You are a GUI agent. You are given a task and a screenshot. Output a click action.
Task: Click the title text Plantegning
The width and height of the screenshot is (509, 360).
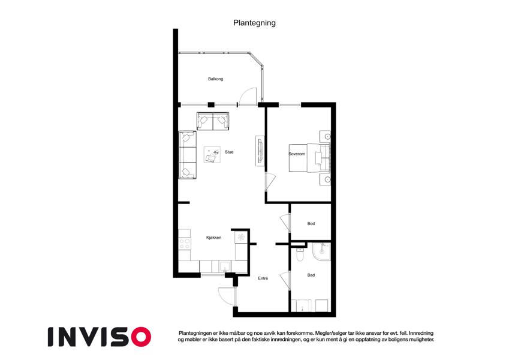[254, 23]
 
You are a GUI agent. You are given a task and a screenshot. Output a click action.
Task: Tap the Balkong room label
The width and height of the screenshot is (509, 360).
[216, 79]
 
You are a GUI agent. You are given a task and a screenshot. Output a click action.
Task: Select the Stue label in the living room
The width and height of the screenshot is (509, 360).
[229, 152]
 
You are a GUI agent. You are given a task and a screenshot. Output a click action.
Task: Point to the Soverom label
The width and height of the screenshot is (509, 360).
[297, 154]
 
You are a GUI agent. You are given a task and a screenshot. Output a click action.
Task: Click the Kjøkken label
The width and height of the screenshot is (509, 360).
[214, 238]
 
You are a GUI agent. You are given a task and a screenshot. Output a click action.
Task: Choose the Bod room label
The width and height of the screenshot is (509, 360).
[311, 224]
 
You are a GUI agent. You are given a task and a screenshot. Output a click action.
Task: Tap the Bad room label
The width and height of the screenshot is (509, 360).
[311, 275]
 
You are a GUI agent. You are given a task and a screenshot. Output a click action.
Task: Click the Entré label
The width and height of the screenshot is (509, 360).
[263, 278]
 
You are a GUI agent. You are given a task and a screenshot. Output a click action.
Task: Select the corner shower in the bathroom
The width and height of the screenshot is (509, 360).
[321, 252]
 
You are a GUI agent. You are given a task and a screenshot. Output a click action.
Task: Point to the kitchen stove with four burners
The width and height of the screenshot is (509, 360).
[184, 243]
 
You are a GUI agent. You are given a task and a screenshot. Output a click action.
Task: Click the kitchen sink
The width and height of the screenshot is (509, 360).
[224, 267]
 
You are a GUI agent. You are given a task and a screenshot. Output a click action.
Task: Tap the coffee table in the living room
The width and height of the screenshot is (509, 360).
[212, 155]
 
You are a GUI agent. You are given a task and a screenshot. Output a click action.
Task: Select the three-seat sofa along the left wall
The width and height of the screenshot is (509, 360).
[187, 155]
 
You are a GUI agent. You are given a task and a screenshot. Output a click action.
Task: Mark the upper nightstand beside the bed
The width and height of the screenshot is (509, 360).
[324, 136]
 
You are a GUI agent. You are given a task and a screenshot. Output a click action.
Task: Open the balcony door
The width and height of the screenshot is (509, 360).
[248, 96]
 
